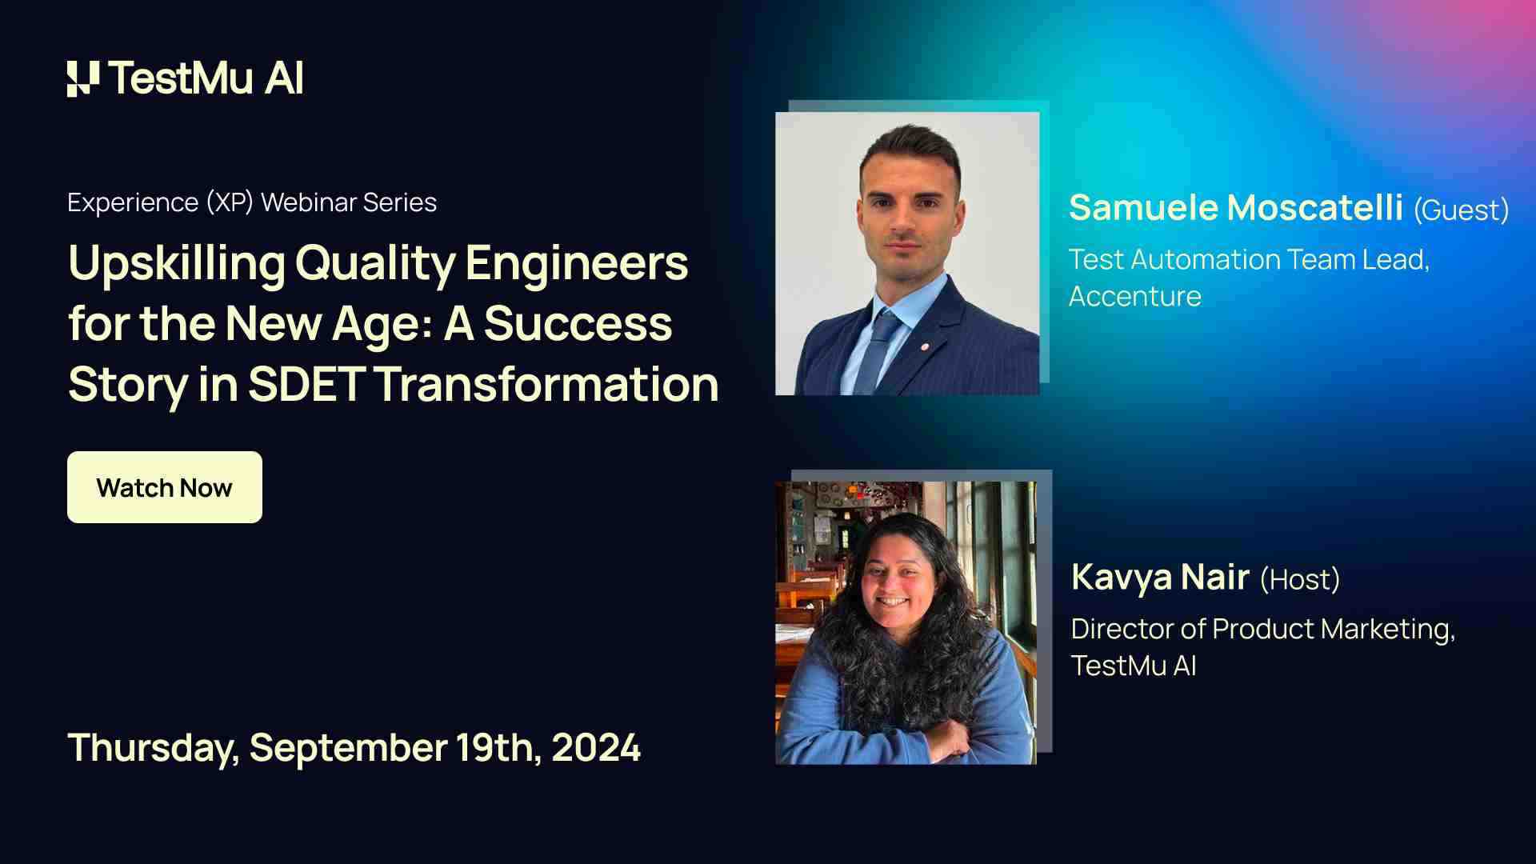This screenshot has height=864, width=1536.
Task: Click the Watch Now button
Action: pos(165,487)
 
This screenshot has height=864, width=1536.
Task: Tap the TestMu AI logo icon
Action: pos(83,79)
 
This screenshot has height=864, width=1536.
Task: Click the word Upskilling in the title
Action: pos(177,264)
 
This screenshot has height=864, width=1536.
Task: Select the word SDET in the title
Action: pos(306,384)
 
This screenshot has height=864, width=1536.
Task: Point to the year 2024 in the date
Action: pos(596,748)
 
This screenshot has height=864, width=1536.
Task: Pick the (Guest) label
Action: pos(1461,210)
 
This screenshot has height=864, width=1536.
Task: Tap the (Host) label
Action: pos(1300,579)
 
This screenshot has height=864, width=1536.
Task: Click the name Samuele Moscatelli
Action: pos(1236,207)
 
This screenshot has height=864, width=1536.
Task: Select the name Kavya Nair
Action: pos(1160,578)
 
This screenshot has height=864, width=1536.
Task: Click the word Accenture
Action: pos(1135,297)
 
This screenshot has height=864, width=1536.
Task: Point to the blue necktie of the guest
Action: pos(878,350)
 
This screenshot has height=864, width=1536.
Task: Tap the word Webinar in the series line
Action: pos(309,202)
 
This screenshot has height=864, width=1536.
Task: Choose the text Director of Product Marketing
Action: pos(1263,630)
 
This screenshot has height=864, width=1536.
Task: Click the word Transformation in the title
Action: pos(546,384)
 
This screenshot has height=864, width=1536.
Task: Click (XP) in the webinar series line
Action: pos(230,202)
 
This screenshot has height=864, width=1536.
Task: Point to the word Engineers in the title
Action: pos(576,264)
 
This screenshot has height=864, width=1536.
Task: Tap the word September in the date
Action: pos(348,749)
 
